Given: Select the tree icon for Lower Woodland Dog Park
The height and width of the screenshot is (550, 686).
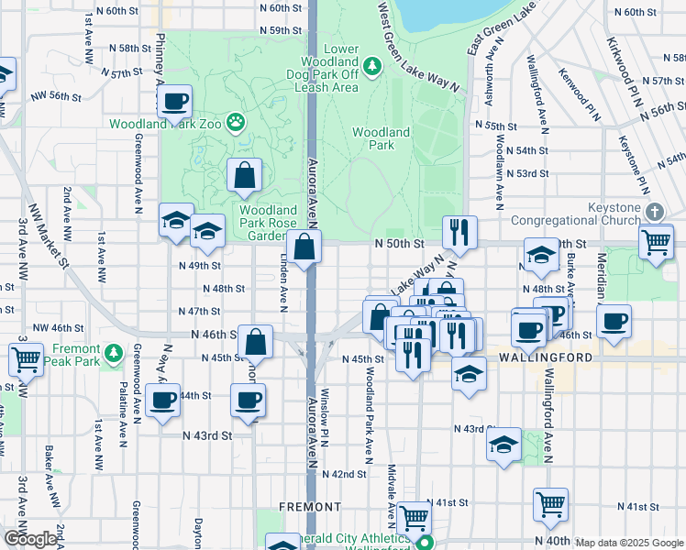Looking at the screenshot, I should (371, 66).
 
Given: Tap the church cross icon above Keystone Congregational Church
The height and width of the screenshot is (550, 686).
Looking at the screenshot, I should (653, 212).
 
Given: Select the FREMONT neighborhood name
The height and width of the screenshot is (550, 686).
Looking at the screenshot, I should (310, 506).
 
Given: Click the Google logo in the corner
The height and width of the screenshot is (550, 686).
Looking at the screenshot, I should (29, 539).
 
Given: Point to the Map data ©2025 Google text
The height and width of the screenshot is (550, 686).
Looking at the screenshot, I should (629, 543).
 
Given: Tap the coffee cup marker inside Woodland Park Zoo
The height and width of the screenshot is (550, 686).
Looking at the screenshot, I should (174, 103).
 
